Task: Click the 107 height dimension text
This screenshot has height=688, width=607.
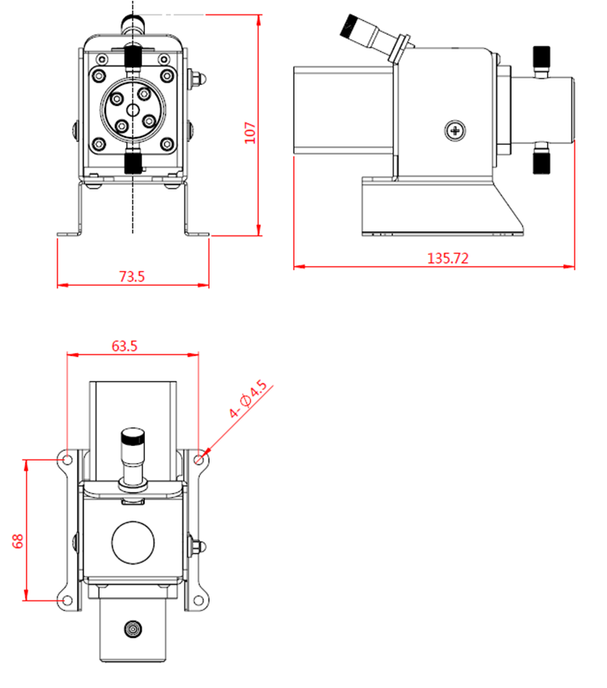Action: (x=250, y=133)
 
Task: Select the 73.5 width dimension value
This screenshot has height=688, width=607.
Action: (x=132, y=277)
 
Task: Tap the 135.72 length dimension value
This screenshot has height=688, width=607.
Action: (x=448, y=258)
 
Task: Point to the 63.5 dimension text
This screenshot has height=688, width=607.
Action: (x=124, y=346)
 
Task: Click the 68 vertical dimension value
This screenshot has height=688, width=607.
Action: (x=18, y=541)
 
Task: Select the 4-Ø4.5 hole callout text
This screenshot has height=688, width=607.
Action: (x=248, y=399)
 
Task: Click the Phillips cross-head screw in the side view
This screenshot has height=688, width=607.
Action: (x=455, y=130)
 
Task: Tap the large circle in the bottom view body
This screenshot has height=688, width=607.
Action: (x=133, y=542)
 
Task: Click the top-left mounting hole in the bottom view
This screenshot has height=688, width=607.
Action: (x=67, y=460)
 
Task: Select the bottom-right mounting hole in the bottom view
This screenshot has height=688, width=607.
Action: (x=198, y=601)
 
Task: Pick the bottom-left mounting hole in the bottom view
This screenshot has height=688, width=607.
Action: (x=67, y=601)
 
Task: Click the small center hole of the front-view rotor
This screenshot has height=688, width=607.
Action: (x=133, y=109)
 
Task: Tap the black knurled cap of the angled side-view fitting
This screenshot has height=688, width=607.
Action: (x=351, y=27)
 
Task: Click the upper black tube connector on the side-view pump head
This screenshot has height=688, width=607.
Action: (x=541, y=57)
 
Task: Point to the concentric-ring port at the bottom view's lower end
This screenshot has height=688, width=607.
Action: (x=133, y=629)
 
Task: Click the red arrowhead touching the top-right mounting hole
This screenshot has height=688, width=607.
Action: (x=206, y=452)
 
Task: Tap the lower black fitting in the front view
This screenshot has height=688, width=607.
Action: (x=133, y=161)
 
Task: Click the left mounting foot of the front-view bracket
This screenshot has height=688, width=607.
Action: (x=70, y=234)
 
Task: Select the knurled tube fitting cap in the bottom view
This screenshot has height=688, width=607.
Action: (x=133, y=436)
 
